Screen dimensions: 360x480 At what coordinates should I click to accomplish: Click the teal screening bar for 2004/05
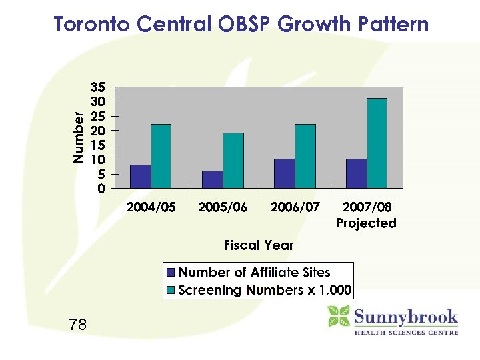161,156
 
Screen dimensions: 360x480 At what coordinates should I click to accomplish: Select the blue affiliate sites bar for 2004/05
141,177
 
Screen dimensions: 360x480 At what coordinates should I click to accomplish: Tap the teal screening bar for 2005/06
233,161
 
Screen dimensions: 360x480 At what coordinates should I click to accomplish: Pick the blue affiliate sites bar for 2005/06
213,179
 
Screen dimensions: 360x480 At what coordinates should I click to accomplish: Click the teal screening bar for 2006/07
305,156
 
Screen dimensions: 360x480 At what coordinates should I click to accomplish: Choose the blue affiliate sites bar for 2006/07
285,173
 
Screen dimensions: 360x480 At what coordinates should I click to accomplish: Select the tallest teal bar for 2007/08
377,143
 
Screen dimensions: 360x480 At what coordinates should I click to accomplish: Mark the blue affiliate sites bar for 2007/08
357,173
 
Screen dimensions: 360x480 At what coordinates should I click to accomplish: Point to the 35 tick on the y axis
98,87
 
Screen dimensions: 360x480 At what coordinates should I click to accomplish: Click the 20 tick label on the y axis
98,131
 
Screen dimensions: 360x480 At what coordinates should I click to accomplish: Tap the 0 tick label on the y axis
101,189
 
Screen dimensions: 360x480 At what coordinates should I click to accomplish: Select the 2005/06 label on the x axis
223,207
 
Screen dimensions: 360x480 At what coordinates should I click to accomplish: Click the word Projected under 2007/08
366,223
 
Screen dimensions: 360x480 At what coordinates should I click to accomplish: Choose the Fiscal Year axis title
259,245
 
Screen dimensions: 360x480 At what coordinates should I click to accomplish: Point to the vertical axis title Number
79,137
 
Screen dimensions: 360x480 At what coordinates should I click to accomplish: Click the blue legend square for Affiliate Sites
171,273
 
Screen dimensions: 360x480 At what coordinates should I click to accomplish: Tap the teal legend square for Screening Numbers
171,291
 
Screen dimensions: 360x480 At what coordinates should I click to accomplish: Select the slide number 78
77,325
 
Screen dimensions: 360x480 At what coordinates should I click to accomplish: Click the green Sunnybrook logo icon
339,316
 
